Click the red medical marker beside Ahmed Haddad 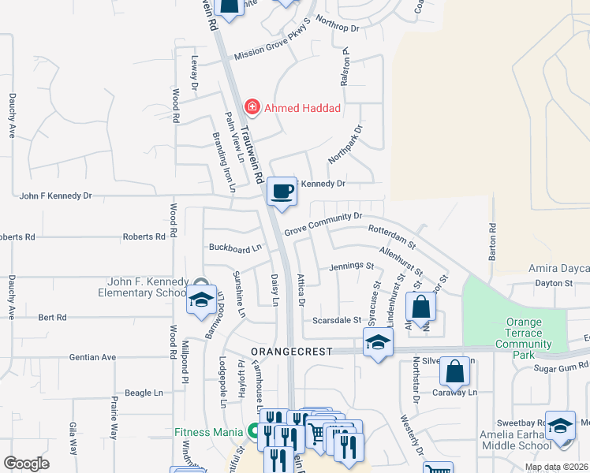(252, 106)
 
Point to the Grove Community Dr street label (323, 223)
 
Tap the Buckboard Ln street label (234, 248)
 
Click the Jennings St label (351, 266)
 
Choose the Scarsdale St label (336, 321)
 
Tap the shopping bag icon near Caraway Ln (455, 371)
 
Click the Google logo (27, 464)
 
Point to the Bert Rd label (52, 317)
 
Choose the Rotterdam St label (391, 234)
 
